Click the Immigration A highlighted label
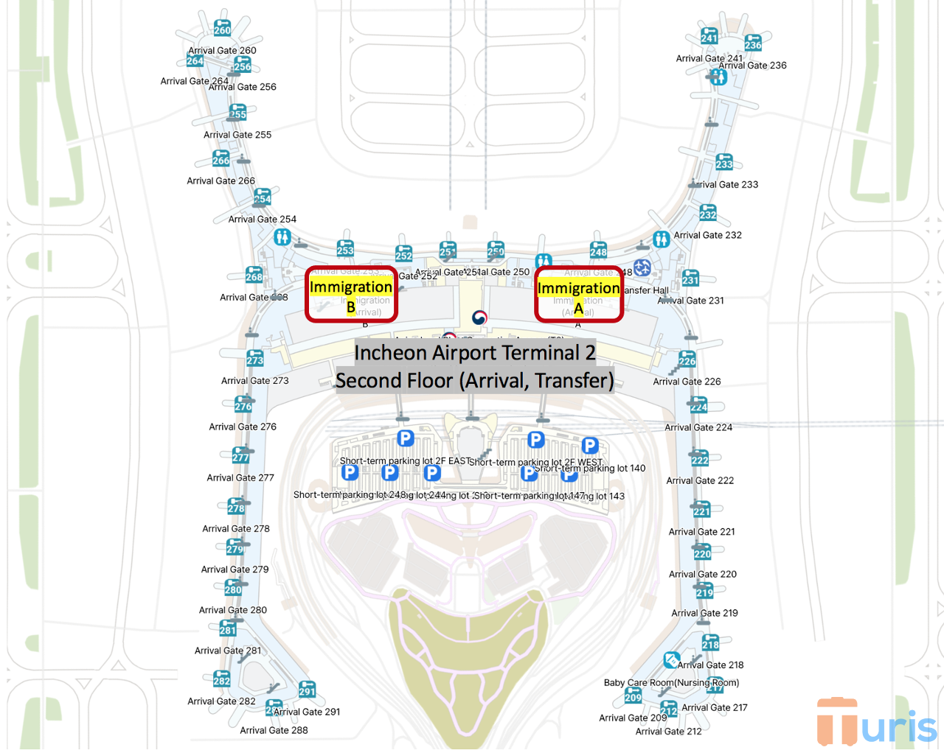[578, 289]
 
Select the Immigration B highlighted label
[351, 287]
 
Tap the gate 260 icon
[222, 28]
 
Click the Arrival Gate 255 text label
[237, 135]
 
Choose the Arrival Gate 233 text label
[724, 185]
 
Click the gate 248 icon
[598, 250]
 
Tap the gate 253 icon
[345, 248]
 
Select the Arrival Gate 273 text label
[255, 381]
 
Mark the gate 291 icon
[307, 690]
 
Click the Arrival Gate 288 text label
[274, 730]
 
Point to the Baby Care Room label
[671, 683]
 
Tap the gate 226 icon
[687, 360]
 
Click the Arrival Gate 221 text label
[702, 532]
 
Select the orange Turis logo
[876, 723]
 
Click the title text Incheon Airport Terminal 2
[475, 353]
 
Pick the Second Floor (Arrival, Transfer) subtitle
[475, 381]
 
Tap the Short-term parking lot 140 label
[590, 469]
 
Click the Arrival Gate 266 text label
[221, 181]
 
